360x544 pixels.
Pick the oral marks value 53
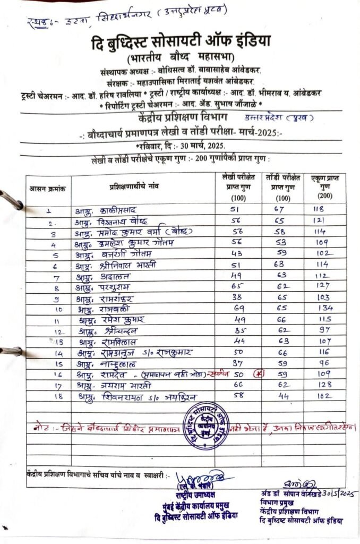(x=281, y=242)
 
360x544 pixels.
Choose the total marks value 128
(x=322, y=385)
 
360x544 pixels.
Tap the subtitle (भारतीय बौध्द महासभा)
(x=180, y=58)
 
